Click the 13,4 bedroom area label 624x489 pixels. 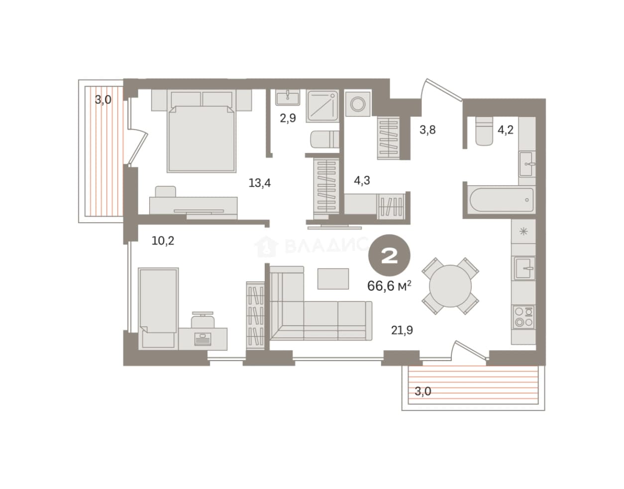[x=260, y=183]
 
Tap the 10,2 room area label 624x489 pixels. [x=163, y=241]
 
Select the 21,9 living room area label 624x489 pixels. [x=402, y=331]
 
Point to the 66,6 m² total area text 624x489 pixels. [x=390, y=286]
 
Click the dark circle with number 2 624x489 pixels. [x=390, y=255]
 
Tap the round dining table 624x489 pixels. [x=450, y=286]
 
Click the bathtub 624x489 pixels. [x=502, y=200]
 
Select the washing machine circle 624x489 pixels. [x=358, y=104]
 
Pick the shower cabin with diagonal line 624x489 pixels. [x=322, y=106]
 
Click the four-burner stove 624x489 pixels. [x=524, y=317]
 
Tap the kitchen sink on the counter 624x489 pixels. [x=524, y=268]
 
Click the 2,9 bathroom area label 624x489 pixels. [x=288, y=118]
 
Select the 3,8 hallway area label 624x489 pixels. [x=427, y=130]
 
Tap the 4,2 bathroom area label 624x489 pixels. [x=506, y=130]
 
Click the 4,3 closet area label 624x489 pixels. [x=362, y=180]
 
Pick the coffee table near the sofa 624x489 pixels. [x=333, y=279]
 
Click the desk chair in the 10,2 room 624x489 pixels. [x=203, y=320]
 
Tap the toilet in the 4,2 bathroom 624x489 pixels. [x=484, y=131]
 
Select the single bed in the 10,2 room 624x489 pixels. [x=158, y=309]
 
